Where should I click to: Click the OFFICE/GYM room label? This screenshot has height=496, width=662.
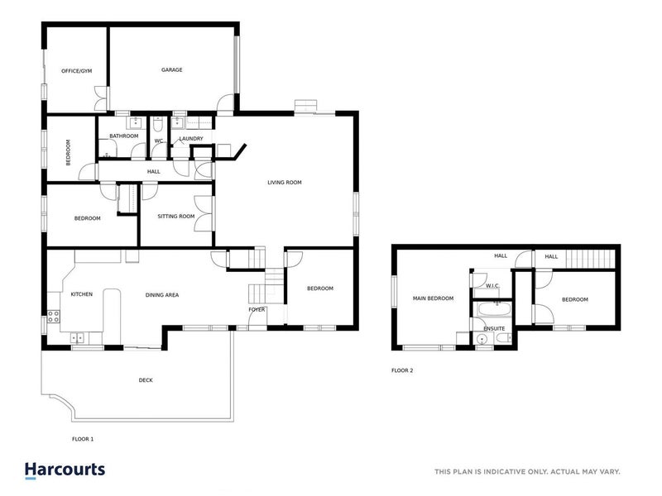point(76,71)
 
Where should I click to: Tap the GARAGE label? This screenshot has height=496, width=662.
point(171,70)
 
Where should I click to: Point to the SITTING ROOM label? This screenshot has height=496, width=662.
point(175,217)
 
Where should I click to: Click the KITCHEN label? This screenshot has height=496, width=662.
point(80,294)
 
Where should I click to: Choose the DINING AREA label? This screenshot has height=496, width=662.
point(162,294)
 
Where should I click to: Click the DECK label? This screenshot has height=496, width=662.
point(146,380)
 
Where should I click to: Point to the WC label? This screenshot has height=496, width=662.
point(159,141)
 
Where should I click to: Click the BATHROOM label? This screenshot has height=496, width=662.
point(123,136)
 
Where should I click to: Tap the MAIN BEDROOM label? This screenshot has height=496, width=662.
point(433,299)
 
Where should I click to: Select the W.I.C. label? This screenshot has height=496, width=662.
point(492,286)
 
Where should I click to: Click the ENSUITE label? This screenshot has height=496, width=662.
point(494,329)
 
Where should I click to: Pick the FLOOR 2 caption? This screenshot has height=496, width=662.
point(402,370)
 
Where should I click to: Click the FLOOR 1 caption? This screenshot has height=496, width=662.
point(83,439)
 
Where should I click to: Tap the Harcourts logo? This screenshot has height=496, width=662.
point(65,470)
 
